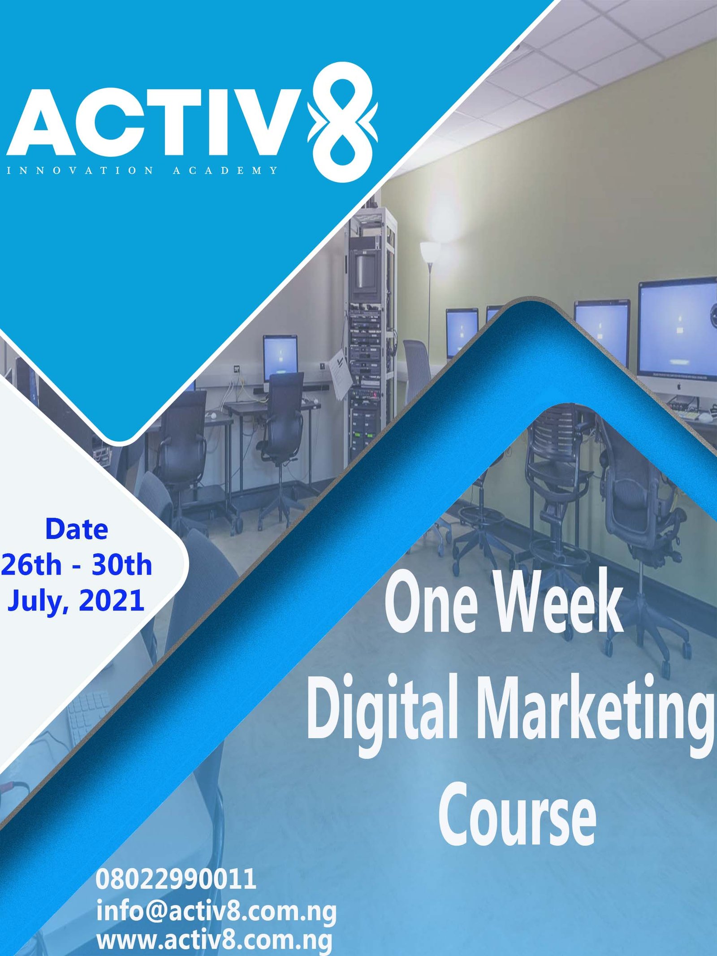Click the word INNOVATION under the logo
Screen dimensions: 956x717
tap(80, 170)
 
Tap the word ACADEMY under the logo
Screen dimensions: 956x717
tap(225, 170)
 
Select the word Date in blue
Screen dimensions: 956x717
tap(77, 529)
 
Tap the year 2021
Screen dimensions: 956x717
tap(112, 600)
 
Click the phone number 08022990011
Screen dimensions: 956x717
tap(176, 879)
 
